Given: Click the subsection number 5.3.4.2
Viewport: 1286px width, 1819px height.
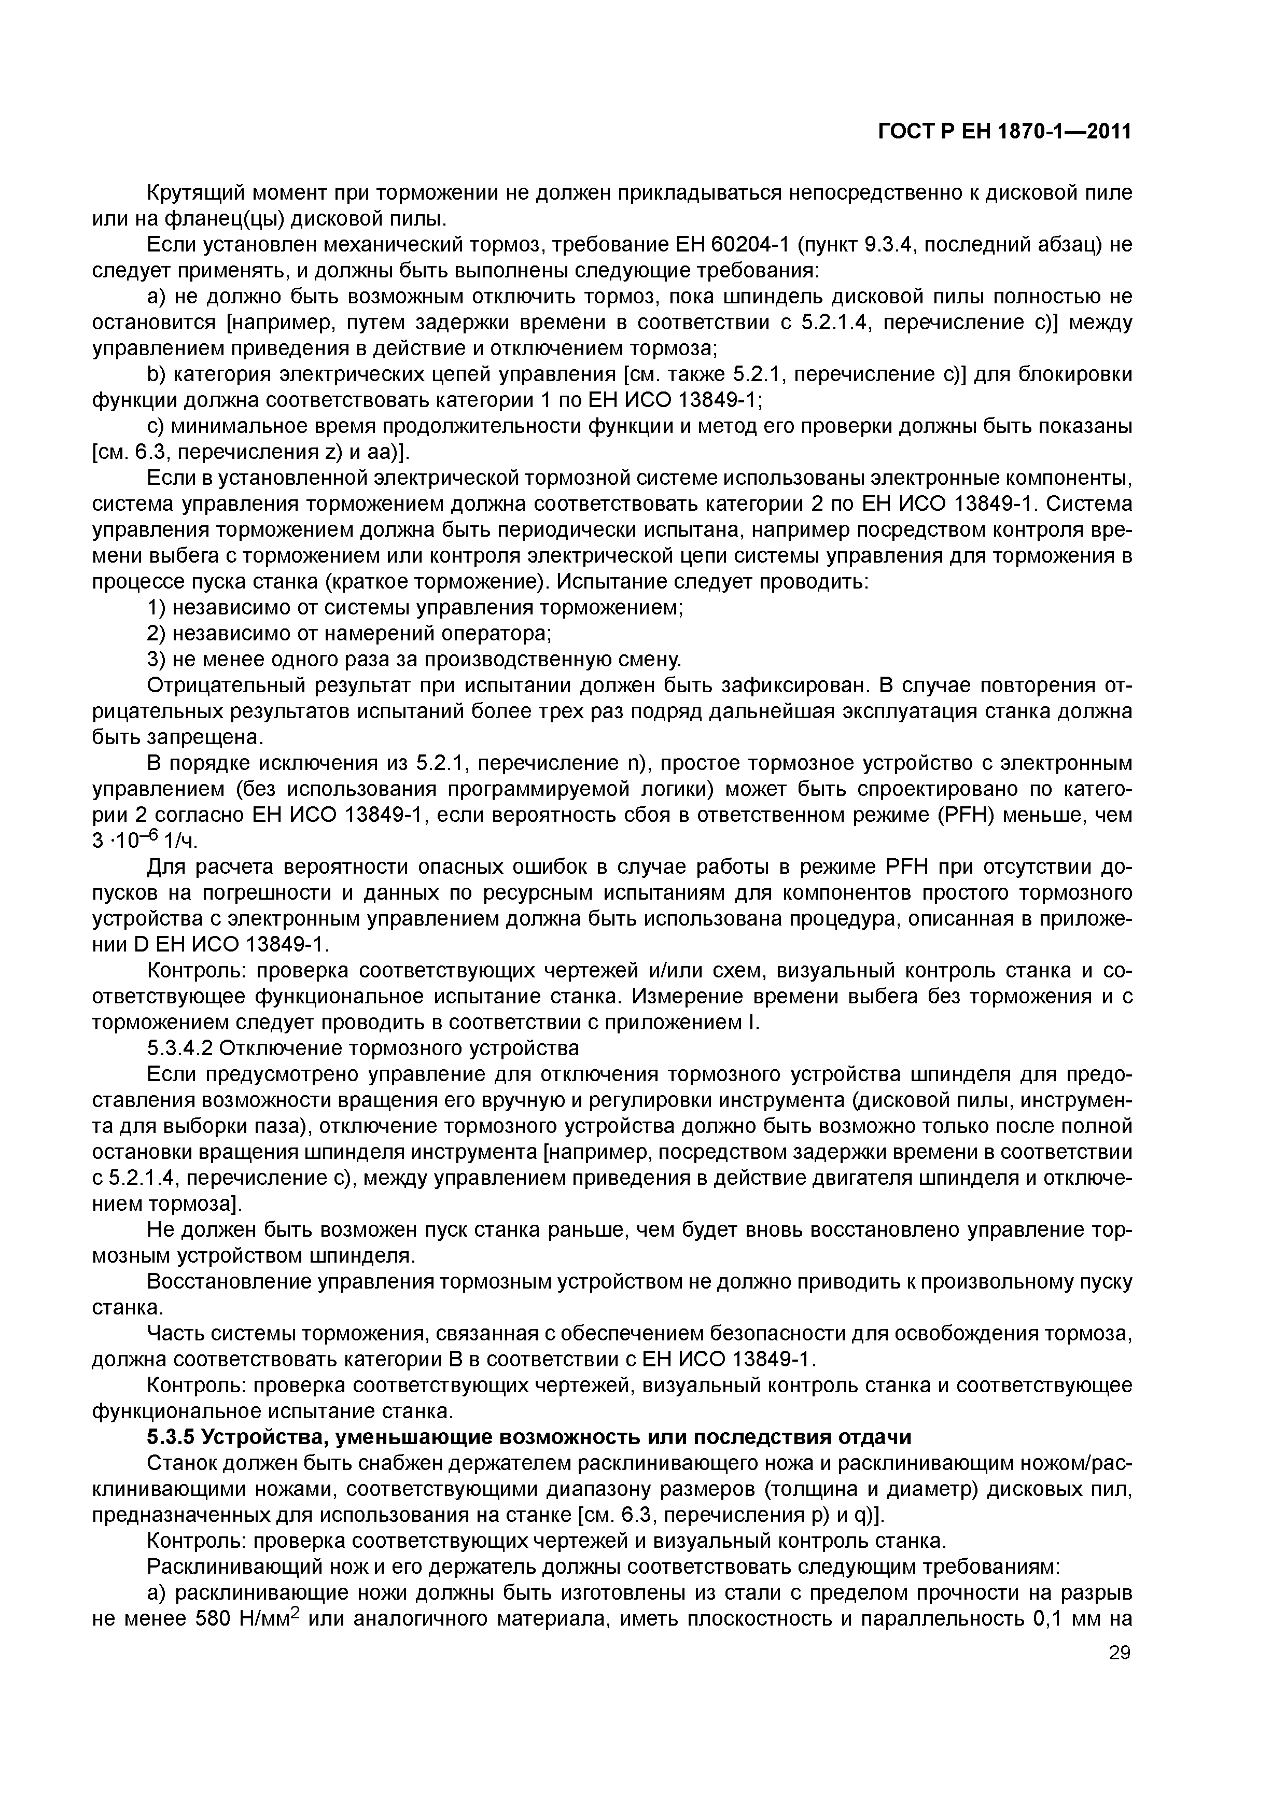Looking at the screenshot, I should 180,1048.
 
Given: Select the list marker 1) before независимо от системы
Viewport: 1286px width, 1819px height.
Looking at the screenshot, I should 157,608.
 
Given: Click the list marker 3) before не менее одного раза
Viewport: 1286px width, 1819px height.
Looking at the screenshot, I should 157,659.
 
